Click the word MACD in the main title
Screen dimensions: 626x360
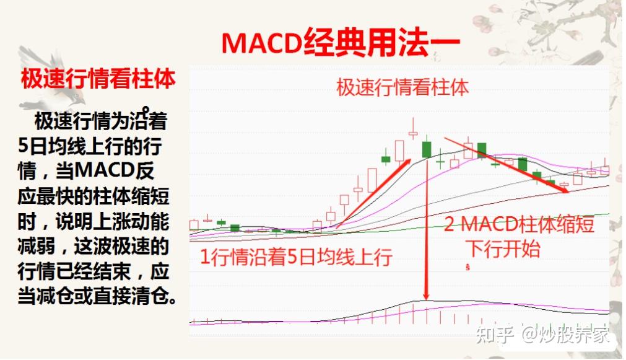point(261,43)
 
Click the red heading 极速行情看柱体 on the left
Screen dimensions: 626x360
point(98,79)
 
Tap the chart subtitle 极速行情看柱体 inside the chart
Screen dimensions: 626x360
point(402,87)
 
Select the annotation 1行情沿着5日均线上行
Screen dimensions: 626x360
point(296,257)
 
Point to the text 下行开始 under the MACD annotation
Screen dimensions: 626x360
point(504,248)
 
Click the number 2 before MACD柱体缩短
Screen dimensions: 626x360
point(449,224)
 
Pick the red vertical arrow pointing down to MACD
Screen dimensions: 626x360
point(427,228)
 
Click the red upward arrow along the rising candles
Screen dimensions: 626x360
point(375,193)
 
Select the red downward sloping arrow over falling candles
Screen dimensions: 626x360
point(506,165)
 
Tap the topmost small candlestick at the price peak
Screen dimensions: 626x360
point(413,133)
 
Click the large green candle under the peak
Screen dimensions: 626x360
point(427,149)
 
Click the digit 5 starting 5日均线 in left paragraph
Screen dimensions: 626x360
point(23,146)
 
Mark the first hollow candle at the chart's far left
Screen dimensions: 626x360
point(194,225)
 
